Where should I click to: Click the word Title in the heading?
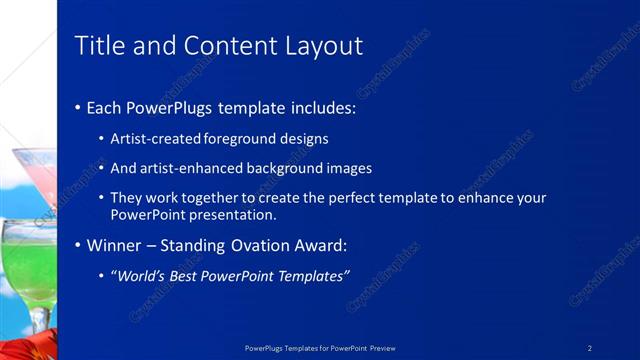pos(97,46)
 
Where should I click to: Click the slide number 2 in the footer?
pos(590,348)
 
